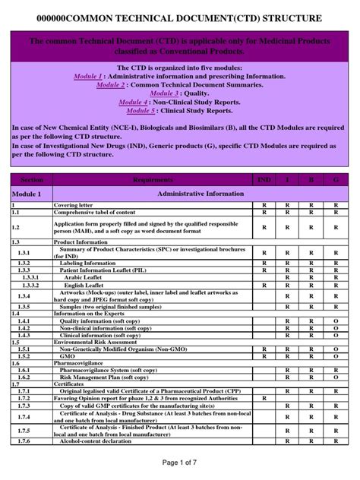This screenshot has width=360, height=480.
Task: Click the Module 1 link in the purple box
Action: coord(88,77)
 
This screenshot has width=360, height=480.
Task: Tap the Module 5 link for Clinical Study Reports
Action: coord(141,110)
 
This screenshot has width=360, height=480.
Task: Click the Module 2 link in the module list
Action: coord(111,85)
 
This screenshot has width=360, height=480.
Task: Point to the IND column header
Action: coord(264,180)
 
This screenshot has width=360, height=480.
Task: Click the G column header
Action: coord(336,180)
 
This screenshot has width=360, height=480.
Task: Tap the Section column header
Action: coord(31,180)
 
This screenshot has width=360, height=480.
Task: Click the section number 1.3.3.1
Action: coord(28,278)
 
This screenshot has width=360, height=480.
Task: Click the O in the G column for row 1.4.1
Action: coord(336,321)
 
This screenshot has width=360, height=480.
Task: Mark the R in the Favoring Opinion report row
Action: coord(264,398)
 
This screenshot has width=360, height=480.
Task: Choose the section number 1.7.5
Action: coord(24,430)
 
